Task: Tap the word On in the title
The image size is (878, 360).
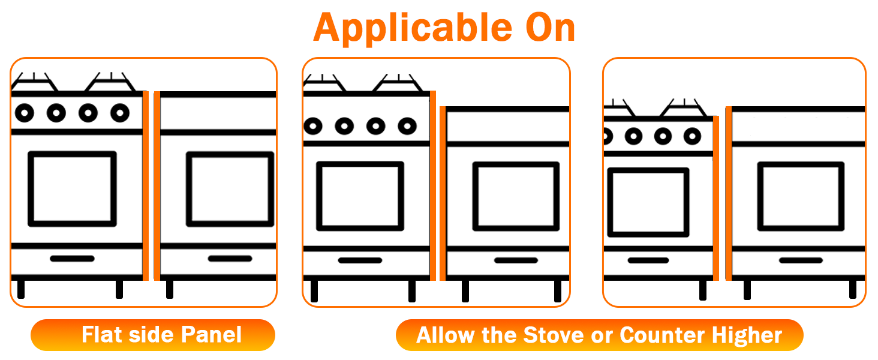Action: coord(545,27)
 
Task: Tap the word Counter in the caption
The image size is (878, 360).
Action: coord(659,335)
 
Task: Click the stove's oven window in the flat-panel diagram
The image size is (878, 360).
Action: coord(72,189)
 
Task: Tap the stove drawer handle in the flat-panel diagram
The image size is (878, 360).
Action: coord(72,259)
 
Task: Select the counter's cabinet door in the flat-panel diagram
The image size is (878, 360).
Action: coord(230,189)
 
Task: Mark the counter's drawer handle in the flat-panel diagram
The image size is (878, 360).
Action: coord(230,259)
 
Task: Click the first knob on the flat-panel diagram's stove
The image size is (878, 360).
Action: coord(24,112)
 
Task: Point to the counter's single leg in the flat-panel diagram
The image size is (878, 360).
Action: coord(170,289)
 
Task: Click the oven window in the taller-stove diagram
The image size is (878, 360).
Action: coord(360,196)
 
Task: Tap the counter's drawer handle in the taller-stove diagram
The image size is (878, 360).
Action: coord(516,260)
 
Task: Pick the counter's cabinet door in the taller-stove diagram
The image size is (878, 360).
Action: coord(516,196)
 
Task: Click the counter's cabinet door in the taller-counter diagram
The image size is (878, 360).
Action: coord(801,196)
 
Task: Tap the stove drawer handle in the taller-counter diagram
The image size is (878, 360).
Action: coord(648,260)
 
